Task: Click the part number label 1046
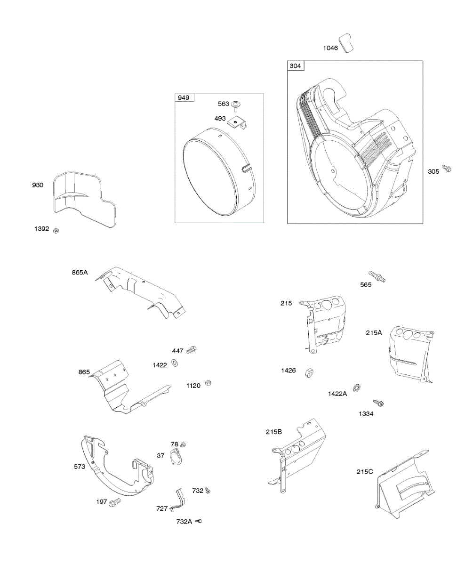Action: [330, 48]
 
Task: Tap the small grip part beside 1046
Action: [348, 42]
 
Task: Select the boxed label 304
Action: [295, 66]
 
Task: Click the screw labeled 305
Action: [447, 169]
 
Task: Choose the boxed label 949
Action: [183, 98]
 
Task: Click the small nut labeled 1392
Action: [56, 230]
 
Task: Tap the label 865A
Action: [80, 272]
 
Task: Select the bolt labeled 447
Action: [192, 350]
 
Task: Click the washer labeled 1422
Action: [175, 363]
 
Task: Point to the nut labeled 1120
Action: [209, 383]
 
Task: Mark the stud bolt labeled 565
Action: [377, 276]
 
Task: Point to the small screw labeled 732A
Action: [199, 521]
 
